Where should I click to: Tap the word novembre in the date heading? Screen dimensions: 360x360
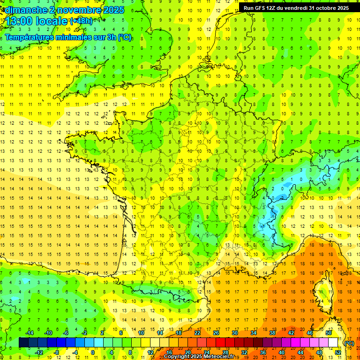[76, 9]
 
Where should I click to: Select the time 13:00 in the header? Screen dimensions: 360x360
[19, 21]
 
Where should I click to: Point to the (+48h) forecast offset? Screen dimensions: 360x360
[81, 21]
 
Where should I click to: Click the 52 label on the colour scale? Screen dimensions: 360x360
[338, 352]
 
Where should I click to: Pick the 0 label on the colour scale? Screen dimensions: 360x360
[93, 352]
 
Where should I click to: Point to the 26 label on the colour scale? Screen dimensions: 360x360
[216, 333]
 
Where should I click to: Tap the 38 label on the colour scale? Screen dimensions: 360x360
[272, 333]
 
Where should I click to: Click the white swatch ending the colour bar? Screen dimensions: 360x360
[333, 343]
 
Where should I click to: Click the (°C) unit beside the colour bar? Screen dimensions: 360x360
[349, 343]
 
